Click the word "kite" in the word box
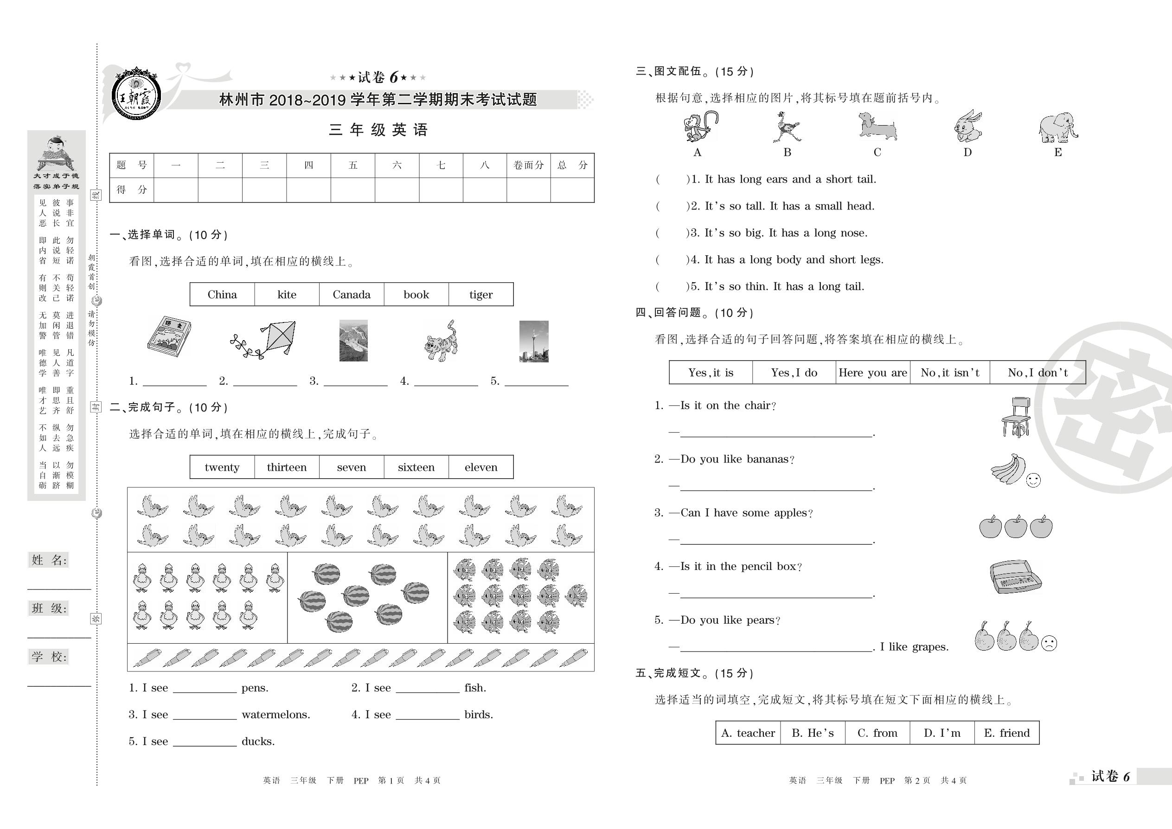point(287,295)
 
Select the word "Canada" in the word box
point(352,295)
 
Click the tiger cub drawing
point(442,342)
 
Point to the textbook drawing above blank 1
point(169,336)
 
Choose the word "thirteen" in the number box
point(287,467)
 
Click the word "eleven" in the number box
point(481,467)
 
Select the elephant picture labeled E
point(1057,127)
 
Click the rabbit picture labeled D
point(967,127)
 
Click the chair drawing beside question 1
point(1016,417)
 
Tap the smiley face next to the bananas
point(1033,480)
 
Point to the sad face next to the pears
point(1049,642)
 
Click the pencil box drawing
point(1015,577)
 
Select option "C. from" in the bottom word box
point(877,733)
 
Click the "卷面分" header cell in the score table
point(528,165)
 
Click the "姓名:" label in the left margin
point(49,560)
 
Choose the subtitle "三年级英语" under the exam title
point(378,130)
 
